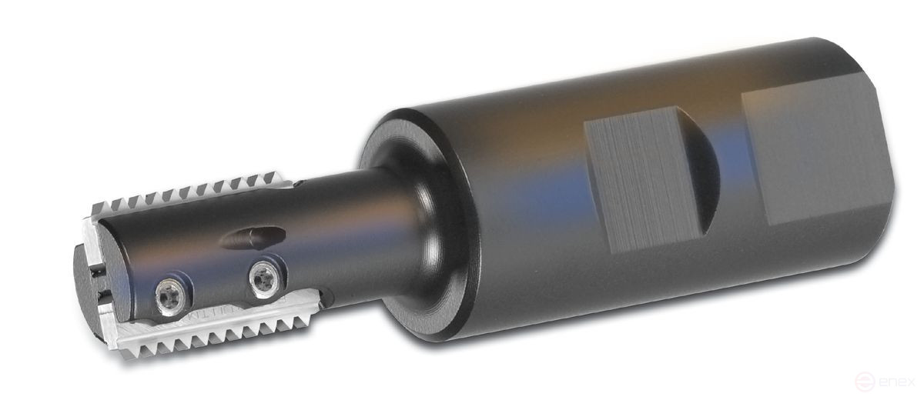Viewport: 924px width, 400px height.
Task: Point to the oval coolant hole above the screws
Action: coord(244,238)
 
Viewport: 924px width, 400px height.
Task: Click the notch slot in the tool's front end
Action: coord(98,291)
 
